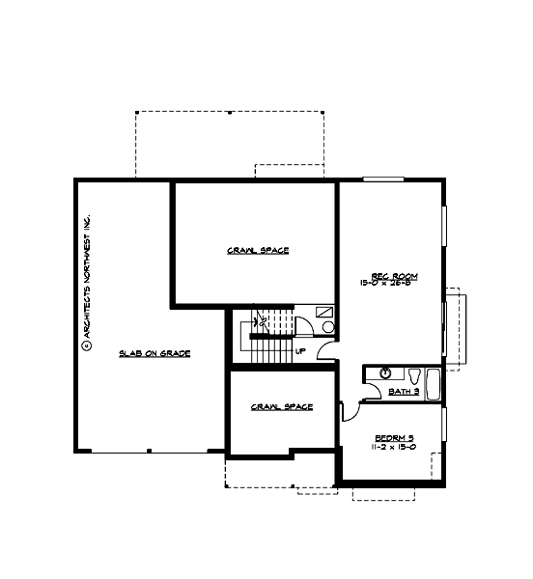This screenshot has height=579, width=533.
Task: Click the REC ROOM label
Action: pyautogui.click(x=374, y=275)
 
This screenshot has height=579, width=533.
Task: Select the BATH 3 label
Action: pyautogui.click(x=402, y=392)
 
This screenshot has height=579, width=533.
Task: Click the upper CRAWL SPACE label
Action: pyautogui.click(x=258, y=251)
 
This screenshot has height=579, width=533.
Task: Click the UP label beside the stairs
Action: pyautogui.click(x=300, y=351)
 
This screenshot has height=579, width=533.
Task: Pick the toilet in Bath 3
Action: pyautogui.click(x=413, y=374)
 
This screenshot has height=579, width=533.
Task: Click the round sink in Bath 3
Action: pyautogui.click(x=385, y=372)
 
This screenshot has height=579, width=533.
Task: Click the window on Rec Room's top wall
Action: pyautogui.click(x=382, y=179)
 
